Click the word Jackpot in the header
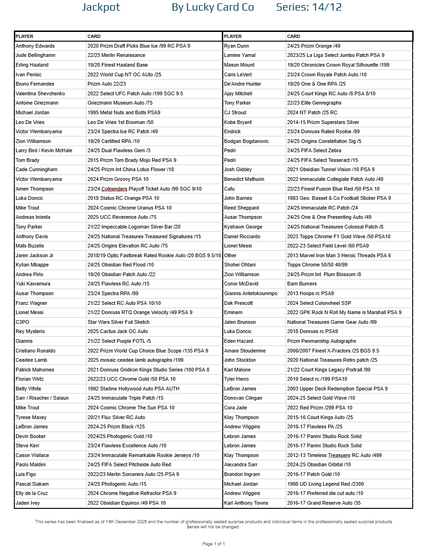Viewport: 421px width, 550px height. pyautogui.click(x=101, y=7)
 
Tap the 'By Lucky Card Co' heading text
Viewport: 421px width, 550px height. pyautogui.click(x=213, y=7)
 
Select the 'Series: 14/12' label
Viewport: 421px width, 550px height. pyautogui.click(x=309, y=7)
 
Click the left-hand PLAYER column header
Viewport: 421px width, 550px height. pyautogui.click(x=24, y=36)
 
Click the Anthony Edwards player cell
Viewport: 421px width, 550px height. pyautogui.click(x=35, y=46)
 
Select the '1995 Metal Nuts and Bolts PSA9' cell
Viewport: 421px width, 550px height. pyautogui.click(x=124, y=112)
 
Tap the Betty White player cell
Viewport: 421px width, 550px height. pyautogui.click(x=28, y=389)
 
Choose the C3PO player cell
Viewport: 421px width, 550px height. pyautogui.click(x=22, y=322)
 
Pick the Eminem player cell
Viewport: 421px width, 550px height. pyautogui.click(x=233, y=312)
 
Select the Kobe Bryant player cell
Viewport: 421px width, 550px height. pyautogui.click(x=238, y=122)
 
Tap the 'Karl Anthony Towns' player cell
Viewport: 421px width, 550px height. pyautogui.click(x=246, y=503)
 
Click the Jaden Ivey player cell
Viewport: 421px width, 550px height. pyautogui.click(x=28, y=503)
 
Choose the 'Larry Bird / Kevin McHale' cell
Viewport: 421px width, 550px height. pyautogui.click(x=44, y=150)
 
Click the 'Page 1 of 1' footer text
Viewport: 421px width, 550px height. pyautogui.click(x=214, y=544)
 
